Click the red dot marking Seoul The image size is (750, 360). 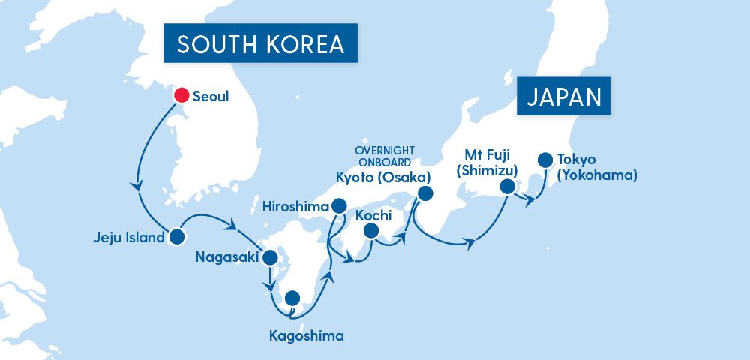[181, 95]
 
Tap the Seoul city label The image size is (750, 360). [210, 97]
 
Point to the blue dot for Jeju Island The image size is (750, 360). [176, 237]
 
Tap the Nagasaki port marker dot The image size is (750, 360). [270, 258]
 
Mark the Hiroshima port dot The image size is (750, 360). [339, 205]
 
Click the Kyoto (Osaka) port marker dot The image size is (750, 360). [425, 194]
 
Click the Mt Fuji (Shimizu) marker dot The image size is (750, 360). [508, 187]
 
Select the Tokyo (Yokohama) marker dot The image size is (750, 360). [544, 160]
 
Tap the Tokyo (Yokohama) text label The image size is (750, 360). [597, 168]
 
